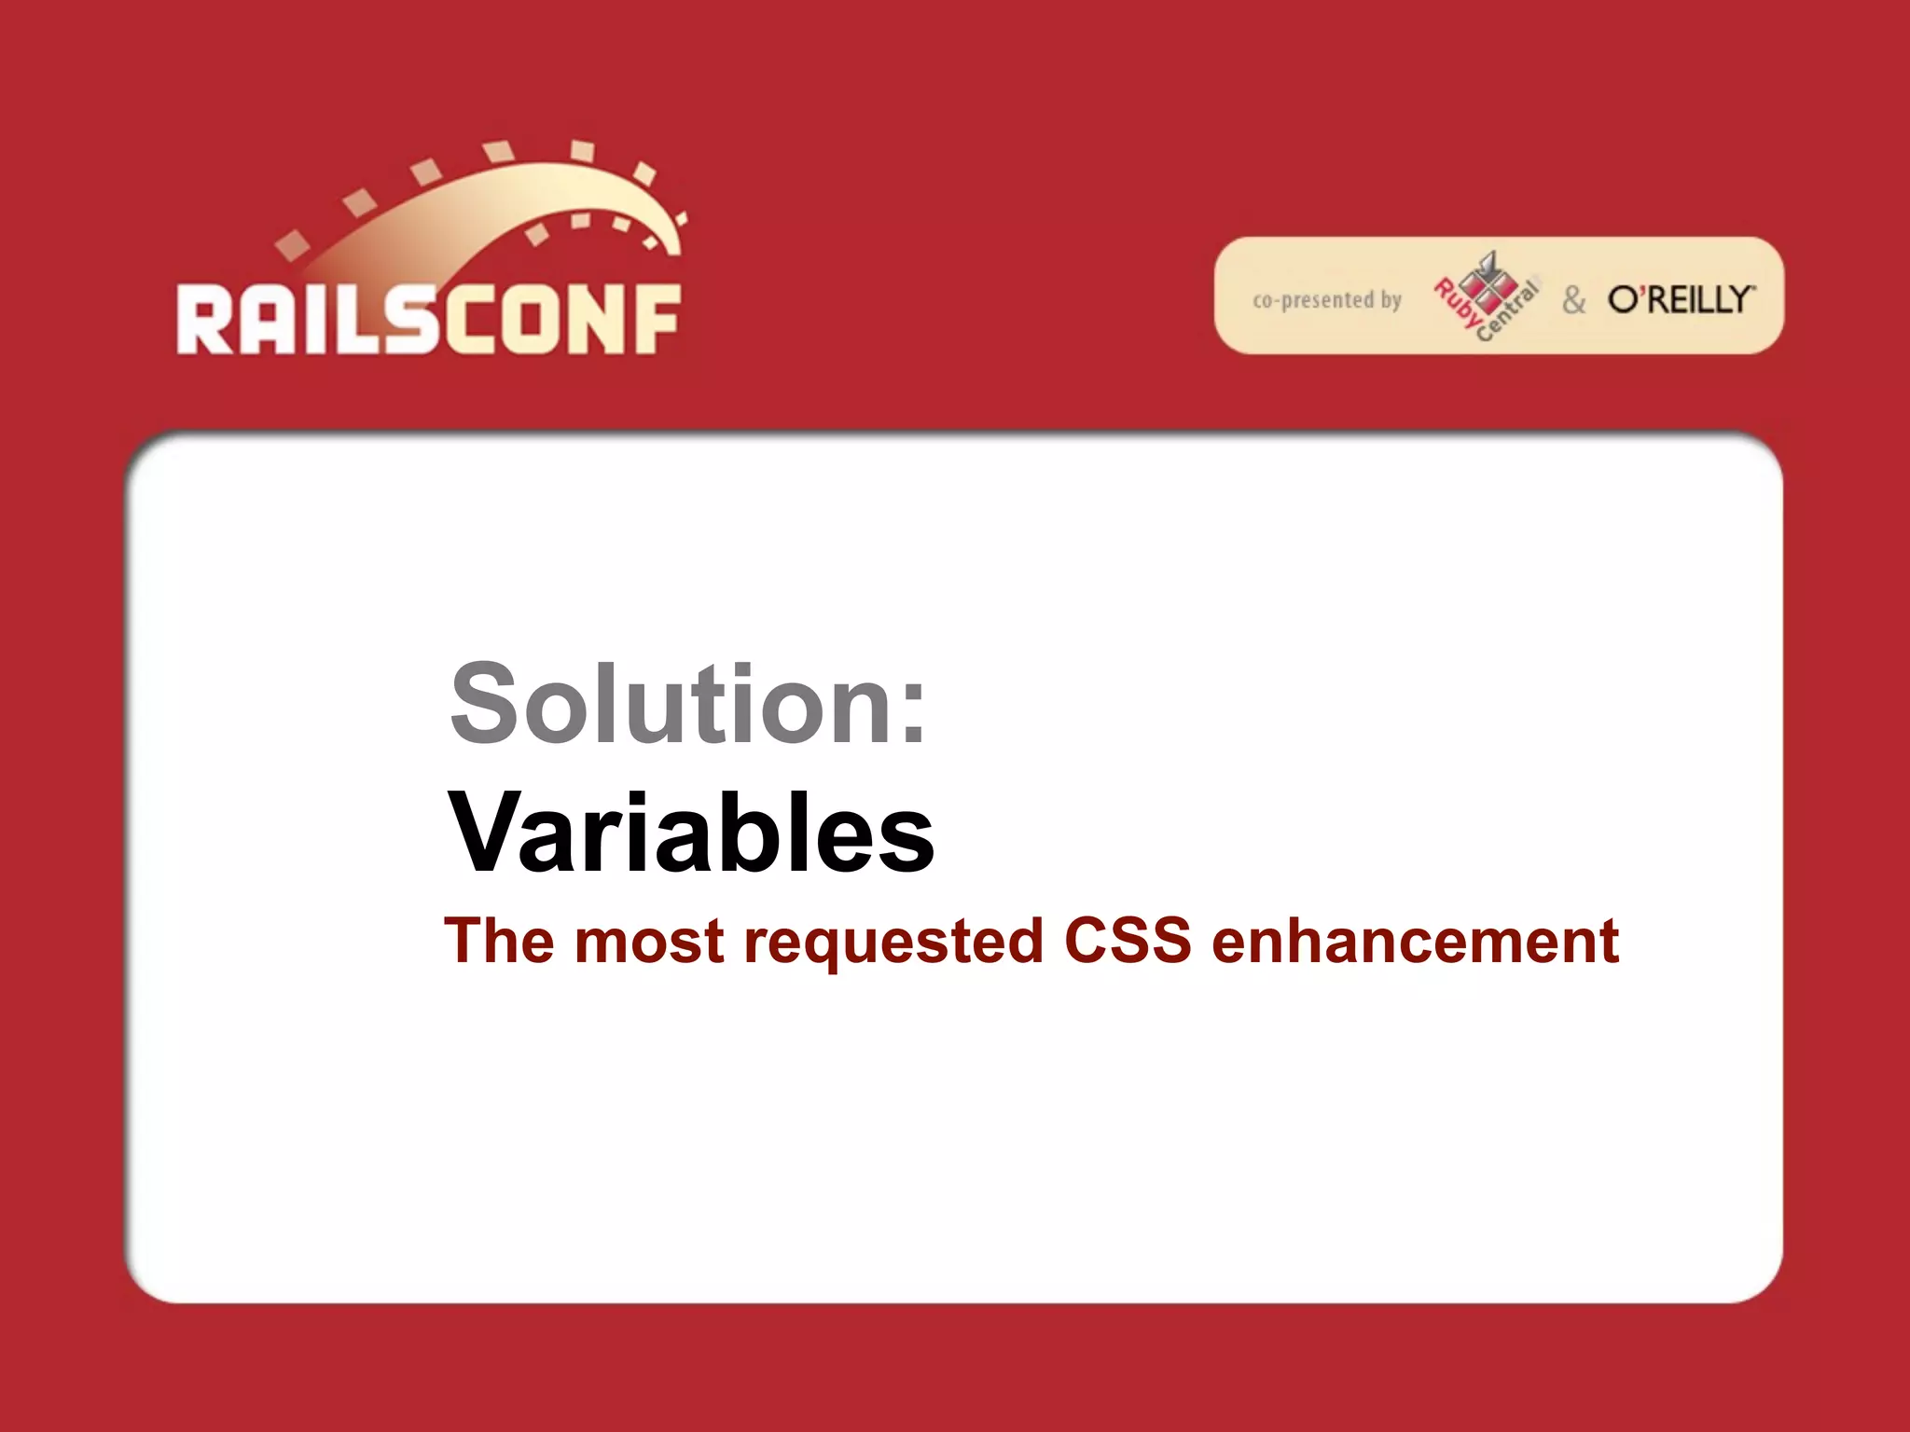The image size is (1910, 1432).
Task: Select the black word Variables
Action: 691,833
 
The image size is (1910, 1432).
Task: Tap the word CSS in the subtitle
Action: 1127,941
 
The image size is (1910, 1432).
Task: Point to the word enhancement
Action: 1415,941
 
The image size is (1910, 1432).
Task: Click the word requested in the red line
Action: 893,943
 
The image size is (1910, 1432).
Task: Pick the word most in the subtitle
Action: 648,942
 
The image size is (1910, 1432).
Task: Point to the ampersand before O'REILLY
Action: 1573,300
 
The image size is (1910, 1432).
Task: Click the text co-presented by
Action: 1326,300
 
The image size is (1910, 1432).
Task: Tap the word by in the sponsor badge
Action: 1391,300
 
